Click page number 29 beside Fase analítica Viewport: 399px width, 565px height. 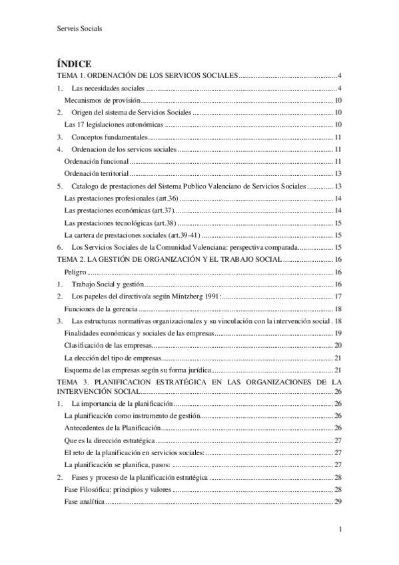click(338, 501)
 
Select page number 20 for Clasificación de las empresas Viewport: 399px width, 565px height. click(338, 345)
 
